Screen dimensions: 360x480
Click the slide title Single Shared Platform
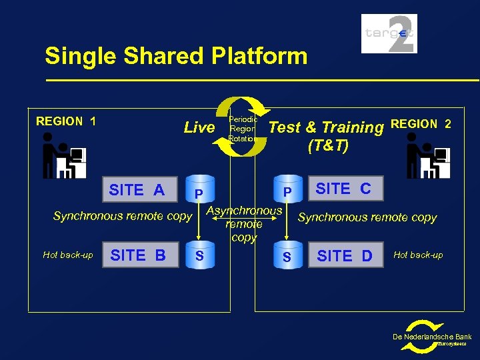176,56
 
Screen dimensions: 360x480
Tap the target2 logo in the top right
389,33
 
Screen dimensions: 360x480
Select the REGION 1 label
66,121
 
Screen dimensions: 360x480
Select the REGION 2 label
421,123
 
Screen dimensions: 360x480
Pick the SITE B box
138,255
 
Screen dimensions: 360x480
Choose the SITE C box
343,189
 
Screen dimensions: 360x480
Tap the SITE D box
345,255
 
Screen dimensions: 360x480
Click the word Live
199,127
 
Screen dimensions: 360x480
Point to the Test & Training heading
326,127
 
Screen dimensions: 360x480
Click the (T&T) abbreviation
328,146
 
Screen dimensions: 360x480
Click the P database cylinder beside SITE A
199,191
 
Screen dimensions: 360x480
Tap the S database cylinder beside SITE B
199,255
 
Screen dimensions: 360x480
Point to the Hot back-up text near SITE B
67,255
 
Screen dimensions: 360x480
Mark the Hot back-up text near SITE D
418,255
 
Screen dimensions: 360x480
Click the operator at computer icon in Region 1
63,155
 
